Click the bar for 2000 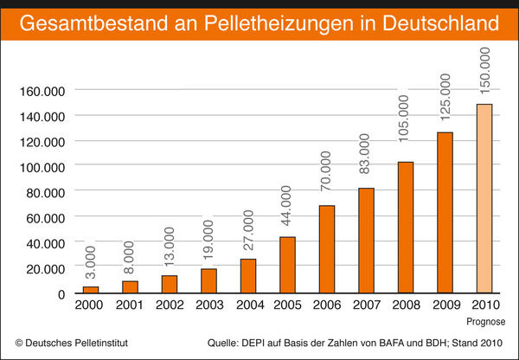tap(91, 290)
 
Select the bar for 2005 tap(286, 265)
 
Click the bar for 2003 tap(208, 281)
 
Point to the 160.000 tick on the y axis tap(42, 90)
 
